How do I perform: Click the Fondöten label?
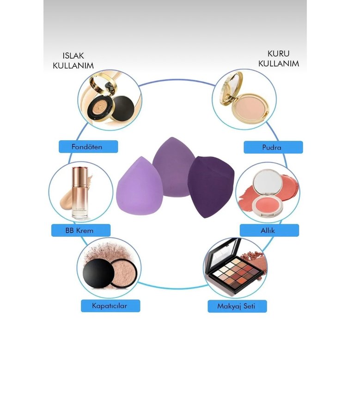88,147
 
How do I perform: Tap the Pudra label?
274,148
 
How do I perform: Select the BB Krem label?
81,230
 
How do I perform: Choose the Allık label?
269,230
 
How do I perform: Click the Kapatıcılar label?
110,306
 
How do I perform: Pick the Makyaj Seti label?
237,306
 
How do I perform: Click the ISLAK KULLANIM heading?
73,61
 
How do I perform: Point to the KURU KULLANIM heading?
278,59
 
